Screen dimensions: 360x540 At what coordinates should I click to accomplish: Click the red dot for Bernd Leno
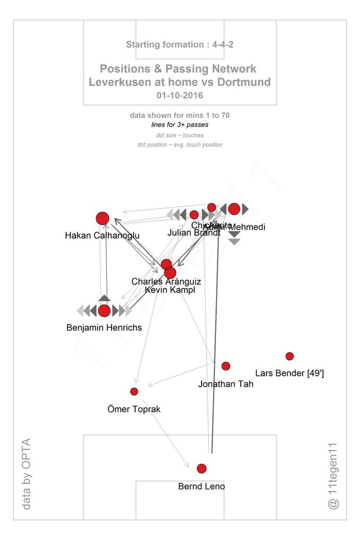[201, 469]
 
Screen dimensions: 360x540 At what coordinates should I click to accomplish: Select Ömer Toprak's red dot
[134, 391]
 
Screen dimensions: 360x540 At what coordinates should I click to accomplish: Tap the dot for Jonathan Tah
[226, 366]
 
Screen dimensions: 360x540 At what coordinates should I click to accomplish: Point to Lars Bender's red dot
[290, 356]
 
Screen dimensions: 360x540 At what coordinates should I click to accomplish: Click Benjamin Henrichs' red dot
[104, 311]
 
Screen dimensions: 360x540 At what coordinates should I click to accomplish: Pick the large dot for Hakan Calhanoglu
[102, 219]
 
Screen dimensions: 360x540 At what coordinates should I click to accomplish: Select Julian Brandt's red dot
[194, 215]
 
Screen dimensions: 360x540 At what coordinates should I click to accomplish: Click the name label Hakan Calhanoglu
[102, 236]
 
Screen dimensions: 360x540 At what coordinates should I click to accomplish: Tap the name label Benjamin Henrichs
[104, 328]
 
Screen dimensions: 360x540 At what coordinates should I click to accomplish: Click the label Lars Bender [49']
[289, 373]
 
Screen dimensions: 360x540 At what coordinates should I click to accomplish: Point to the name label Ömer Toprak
[134, 409]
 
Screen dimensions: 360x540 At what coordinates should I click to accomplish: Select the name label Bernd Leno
[201, 486]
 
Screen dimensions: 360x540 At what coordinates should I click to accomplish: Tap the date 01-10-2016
[180, 95]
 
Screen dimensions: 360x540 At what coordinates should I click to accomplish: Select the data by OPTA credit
[27, 474]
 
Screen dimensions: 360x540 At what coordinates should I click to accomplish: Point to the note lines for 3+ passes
[180, 125]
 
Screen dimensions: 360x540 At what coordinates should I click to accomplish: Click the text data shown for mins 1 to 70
[180, 116]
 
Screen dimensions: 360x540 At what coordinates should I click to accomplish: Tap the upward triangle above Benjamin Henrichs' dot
[104, 298]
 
